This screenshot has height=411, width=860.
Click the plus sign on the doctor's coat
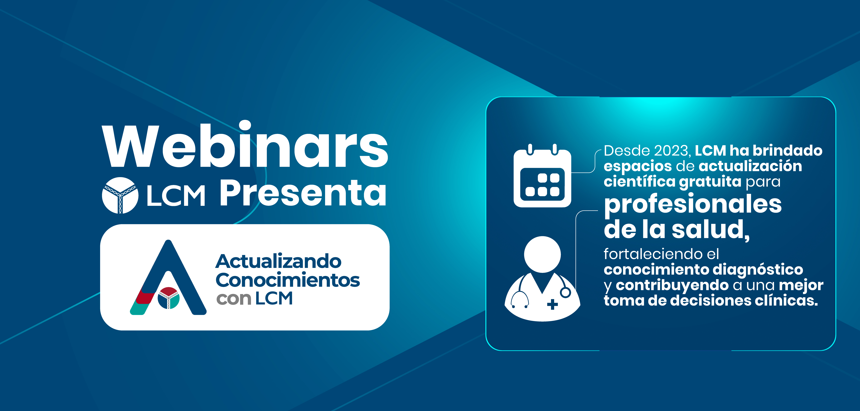click(x=553, y=304)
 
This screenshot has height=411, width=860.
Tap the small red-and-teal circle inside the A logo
click(x=169, y=298)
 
